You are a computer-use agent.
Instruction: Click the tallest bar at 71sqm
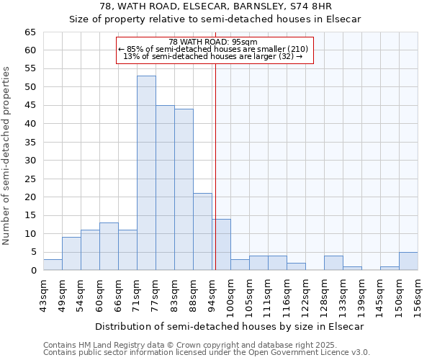[x=146, y=173]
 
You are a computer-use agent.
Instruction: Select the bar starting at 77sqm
[x=165, y=187]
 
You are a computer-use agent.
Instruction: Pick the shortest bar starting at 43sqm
[x=53, y=265]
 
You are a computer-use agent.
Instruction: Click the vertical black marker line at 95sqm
[x=215, y=144]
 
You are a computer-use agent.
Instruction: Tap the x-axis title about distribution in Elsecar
[x=229, y=326]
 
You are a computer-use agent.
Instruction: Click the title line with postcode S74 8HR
[x=215, y=6]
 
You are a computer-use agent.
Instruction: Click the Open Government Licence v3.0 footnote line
[x=206, y=352]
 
